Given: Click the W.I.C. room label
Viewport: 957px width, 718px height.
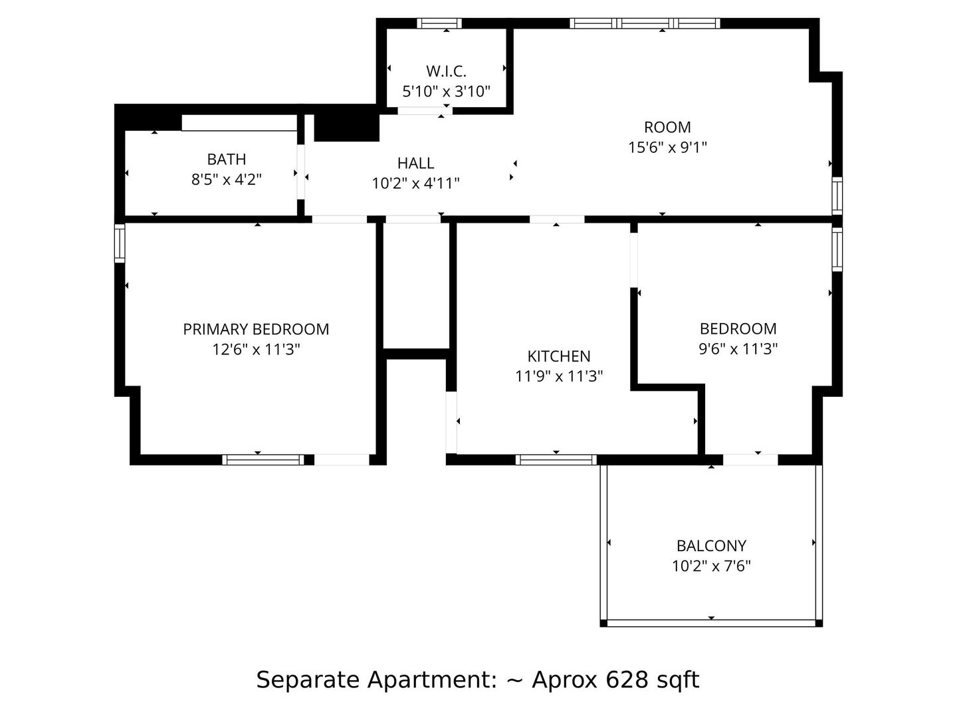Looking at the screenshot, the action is tap(446, 71).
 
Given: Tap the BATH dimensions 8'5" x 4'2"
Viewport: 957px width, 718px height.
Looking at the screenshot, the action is tap(226, 179).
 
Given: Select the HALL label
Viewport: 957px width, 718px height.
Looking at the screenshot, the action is tap(415, 163).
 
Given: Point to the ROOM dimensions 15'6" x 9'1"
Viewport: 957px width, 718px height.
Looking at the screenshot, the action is tap(667, 148).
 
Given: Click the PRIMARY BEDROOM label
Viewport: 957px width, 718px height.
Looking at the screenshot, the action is tap(256, 329).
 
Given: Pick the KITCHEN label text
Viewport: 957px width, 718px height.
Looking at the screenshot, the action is tap(559, 356).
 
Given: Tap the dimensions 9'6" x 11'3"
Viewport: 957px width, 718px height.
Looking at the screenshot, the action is tap(738, 349).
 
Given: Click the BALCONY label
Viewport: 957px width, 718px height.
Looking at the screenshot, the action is tap(711, 545).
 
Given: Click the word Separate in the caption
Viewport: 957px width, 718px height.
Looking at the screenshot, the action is tap(308, 680).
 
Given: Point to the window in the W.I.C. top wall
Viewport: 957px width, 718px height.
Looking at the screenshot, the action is tap(439, 23).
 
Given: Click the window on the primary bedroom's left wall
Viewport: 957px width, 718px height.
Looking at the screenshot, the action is tap(120, 243).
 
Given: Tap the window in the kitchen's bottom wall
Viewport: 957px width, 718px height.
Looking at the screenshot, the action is tap(556, 459).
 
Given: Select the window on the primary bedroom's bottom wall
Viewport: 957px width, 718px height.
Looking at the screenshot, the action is tap(263, 459).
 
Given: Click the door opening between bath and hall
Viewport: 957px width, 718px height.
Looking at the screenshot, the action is tap(300, 172).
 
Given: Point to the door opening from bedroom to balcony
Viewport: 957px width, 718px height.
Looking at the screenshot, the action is tap(750, 459).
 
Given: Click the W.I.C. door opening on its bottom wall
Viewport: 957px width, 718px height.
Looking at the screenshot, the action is tap(425, 111).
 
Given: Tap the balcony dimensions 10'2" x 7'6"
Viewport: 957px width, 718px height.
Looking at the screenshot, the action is tap(711, 566).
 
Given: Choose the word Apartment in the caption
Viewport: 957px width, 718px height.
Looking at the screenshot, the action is tap(432, 680).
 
